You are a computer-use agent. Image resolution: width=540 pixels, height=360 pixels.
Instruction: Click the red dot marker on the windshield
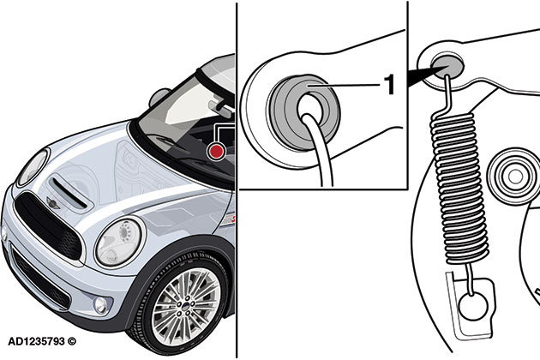pos(219,151)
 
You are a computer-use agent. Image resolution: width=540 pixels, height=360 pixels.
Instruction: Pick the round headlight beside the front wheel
pos(119,242)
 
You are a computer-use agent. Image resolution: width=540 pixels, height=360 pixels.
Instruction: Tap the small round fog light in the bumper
pos(101,305)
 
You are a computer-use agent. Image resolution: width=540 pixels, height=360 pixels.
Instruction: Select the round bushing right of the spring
pos(513,176)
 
